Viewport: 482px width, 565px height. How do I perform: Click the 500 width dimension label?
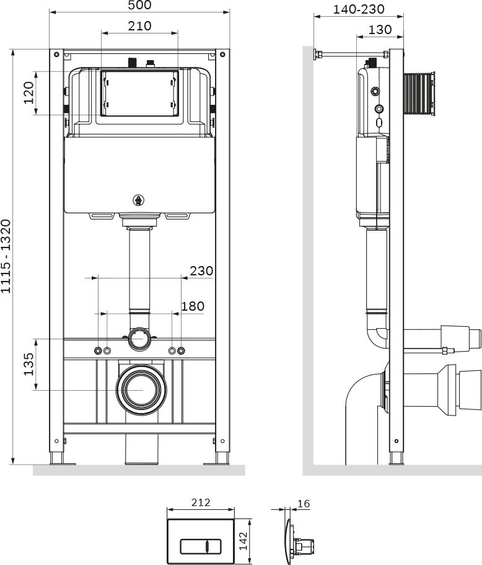139,6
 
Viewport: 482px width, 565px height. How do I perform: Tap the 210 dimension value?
139,26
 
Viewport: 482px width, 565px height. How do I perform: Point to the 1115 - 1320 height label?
6,256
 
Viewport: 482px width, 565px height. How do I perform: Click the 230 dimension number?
201,271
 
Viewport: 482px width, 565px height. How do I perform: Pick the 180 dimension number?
192,306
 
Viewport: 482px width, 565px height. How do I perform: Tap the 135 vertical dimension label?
28,364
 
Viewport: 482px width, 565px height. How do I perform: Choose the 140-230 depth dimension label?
359,9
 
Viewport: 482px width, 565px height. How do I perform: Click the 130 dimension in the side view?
380,29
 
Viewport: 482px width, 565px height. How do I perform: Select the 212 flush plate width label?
201,502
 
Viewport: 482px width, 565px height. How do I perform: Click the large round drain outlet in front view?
142,389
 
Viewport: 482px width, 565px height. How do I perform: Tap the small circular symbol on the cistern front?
139,200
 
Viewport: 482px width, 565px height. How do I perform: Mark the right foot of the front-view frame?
222,458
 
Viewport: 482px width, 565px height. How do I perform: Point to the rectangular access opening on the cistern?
139,94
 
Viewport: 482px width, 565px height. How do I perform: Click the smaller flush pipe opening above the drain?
139,339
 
